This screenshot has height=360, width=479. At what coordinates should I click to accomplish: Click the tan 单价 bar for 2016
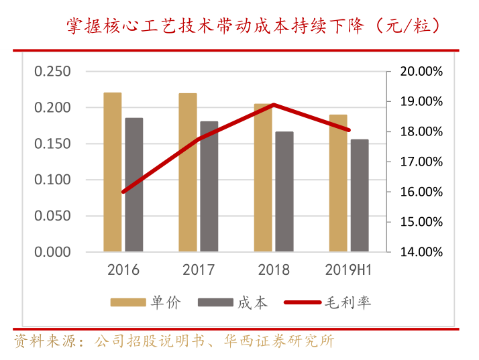(x=113, y=172)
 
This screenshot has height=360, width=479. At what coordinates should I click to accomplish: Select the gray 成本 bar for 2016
(x=134, y=185)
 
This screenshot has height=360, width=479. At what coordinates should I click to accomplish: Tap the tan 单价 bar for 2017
(x=188, y=172)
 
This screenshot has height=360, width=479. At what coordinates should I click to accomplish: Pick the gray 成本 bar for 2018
(x=284, y=192)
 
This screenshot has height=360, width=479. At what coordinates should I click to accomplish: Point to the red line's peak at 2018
(x=274, y=105)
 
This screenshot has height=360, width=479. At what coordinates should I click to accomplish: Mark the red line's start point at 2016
(x=123, y=192)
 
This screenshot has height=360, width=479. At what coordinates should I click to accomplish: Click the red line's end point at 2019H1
(x=349, y=130)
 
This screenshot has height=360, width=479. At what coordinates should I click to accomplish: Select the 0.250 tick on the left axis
(x=52, y=72)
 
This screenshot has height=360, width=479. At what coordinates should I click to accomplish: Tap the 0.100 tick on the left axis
(x=52, y=180)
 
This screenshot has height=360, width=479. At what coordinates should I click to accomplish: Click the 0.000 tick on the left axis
(x=52, y=252)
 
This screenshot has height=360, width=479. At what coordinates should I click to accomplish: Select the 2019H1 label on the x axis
(x=349, y=270)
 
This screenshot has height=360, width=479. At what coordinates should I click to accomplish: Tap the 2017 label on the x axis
(x=199, y=270)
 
